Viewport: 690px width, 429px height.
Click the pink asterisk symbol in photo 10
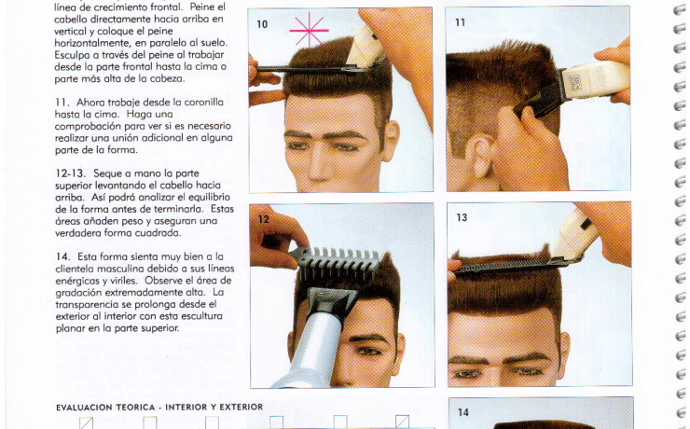point(309,31)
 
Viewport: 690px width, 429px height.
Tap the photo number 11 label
point(461,22)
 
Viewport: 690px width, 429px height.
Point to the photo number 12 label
point(264,219)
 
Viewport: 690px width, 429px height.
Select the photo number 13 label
point(462,217)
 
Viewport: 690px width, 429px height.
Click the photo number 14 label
point(462,412)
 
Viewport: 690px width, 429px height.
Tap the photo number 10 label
point(262,24)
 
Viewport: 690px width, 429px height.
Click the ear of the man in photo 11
point(477,156)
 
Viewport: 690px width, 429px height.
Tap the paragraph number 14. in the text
point(62,256)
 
